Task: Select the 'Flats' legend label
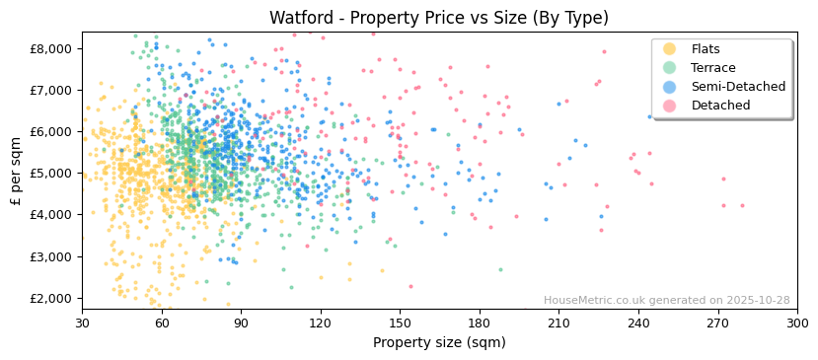coord(706,49)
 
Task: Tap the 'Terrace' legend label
coord(711,68)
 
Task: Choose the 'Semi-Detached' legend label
coord(738,87)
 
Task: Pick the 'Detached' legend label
coord(720,106)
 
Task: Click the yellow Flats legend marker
coord(670,49)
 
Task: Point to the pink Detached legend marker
coord(670,106)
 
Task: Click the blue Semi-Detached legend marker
coord(670,87)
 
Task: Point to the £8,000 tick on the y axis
coord(51,48)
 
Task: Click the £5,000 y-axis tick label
coord(51,173)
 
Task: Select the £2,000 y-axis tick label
coord(51,297)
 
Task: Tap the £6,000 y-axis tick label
coord(51,131)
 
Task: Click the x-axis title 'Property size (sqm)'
coord(439,343)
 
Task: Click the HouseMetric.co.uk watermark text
coord(666,301)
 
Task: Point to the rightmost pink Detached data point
coord(743,206)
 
